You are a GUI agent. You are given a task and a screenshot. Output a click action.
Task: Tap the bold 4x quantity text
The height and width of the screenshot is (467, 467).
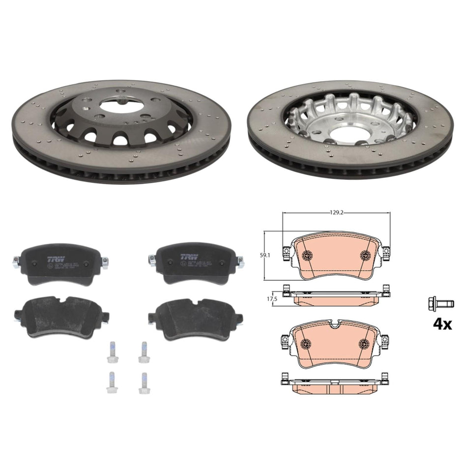pyautogui.click(x=441, y=324)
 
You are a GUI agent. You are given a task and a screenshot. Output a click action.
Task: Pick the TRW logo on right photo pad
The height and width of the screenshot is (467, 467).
pyautogui.click(x=188, y=257)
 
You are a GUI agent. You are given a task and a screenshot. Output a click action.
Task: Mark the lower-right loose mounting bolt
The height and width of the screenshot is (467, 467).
pyautogui.click(x=144, y=383)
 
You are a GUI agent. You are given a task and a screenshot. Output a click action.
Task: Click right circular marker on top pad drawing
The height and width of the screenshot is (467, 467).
pyautogui.click(x=365, y=255)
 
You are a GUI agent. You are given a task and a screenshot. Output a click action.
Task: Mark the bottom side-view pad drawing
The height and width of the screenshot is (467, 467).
pyautogui.click(x=335, y=383)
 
